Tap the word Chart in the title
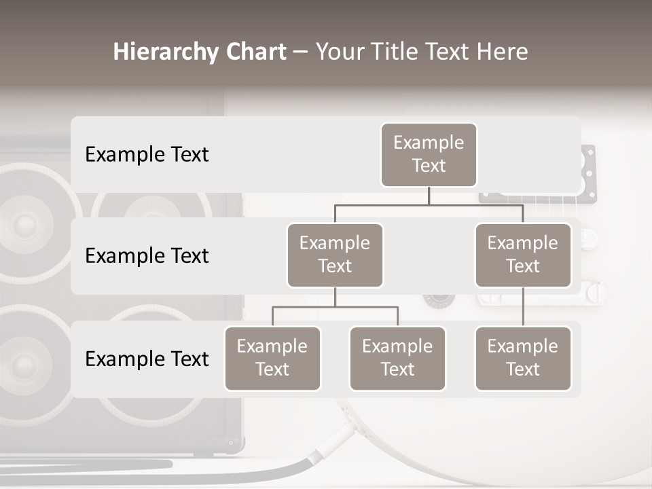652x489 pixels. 255,52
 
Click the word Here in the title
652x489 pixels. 501,52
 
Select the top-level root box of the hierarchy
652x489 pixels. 429,154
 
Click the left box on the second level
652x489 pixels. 335,255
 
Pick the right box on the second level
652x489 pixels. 523,255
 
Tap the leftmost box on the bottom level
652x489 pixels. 272,358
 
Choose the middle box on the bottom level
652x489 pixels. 397,358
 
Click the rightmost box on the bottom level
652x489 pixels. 523,358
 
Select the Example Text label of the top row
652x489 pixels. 147,155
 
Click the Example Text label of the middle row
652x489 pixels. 147,256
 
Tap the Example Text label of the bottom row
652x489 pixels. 147,359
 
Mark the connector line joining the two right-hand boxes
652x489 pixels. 523,307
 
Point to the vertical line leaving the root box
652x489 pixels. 429,196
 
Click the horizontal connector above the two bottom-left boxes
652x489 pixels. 335,307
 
